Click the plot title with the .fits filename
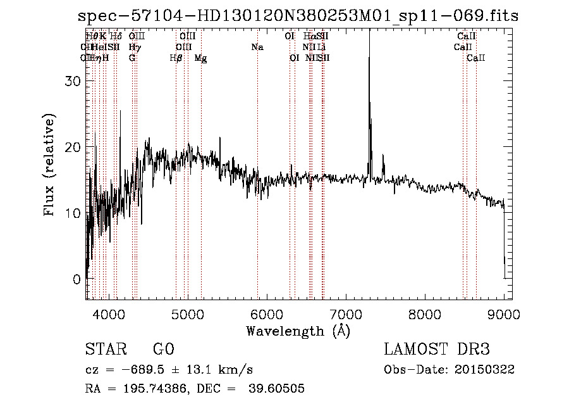297,16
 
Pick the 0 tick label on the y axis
78,279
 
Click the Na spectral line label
257,47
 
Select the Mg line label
200,58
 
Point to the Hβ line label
176,58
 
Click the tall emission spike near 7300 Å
369,95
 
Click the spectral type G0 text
163,350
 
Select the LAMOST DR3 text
436,350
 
